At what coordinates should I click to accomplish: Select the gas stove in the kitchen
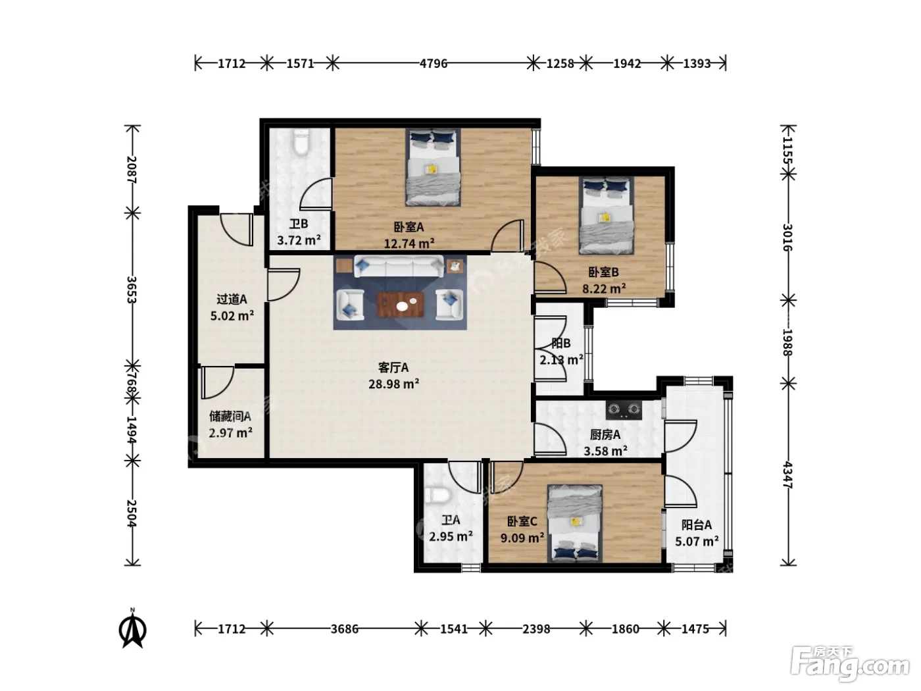click(624, 410)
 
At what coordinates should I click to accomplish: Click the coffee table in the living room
click(400, 305)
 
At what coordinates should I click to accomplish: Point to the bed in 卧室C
click(575, 524)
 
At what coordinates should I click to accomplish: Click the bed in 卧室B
click(607, 215)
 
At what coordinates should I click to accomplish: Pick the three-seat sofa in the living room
click(399, 267)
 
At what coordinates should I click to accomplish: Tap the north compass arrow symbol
click(133, 629)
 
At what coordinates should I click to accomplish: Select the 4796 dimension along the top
click(434, 63)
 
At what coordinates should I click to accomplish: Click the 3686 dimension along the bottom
click(345, 629)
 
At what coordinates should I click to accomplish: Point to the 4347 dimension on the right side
click(787, 475)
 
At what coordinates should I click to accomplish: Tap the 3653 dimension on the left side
click(132, 290)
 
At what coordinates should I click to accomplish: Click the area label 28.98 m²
click(393, 384)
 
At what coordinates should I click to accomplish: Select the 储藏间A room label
click(230, 416)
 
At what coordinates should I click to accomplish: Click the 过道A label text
click(232, 299)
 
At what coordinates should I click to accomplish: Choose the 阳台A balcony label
click(697, 525)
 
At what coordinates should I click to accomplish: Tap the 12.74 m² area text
click(409, 243)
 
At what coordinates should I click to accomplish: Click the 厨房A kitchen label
click(605, 434)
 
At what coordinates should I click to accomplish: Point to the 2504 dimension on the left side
click(132, 513)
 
